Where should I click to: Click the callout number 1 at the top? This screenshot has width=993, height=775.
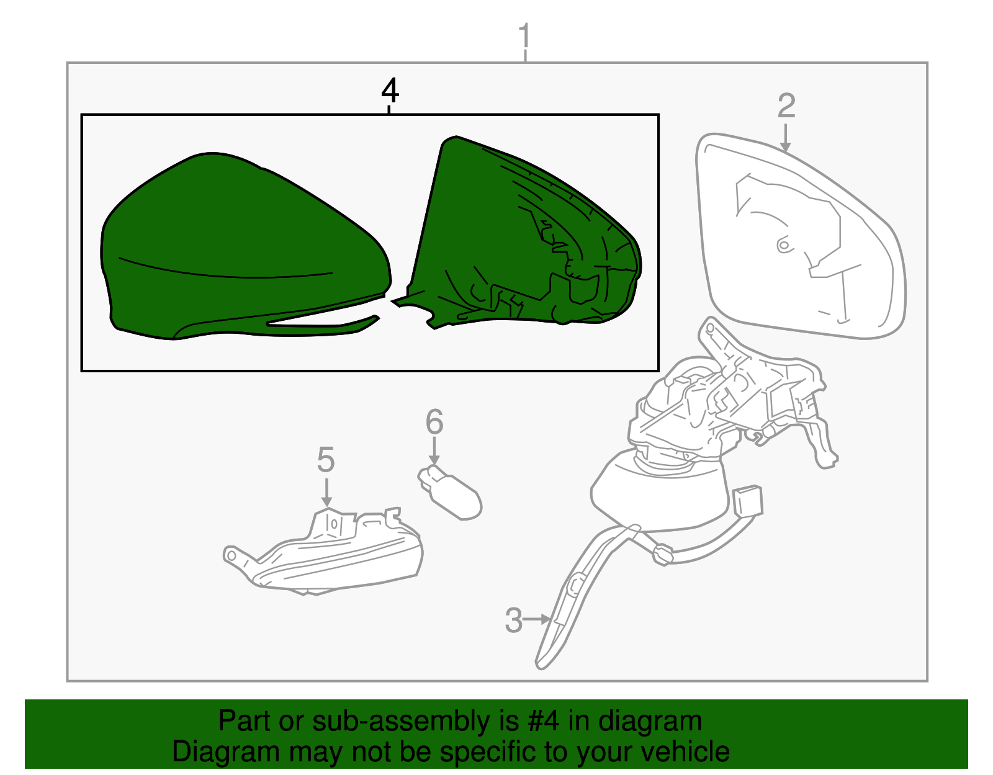coord(524,35)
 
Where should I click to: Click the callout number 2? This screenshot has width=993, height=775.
coord(786,106)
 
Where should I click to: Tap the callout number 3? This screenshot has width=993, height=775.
coord(513,620)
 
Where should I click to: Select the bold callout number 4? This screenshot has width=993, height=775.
coord(390,90)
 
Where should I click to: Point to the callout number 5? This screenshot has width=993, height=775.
coord(326,459)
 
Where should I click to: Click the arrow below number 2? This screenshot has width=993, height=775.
coord(785,138)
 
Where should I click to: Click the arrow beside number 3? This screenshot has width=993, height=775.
coord(536,619)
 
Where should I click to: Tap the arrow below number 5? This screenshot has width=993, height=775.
coord(326,492)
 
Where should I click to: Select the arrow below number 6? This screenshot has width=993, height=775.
coord(434,451)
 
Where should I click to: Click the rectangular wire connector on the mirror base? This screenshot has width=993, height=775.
coord(747,502)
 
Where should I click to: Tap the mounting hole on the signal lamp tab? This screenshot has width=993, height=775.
coord(231,555)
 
